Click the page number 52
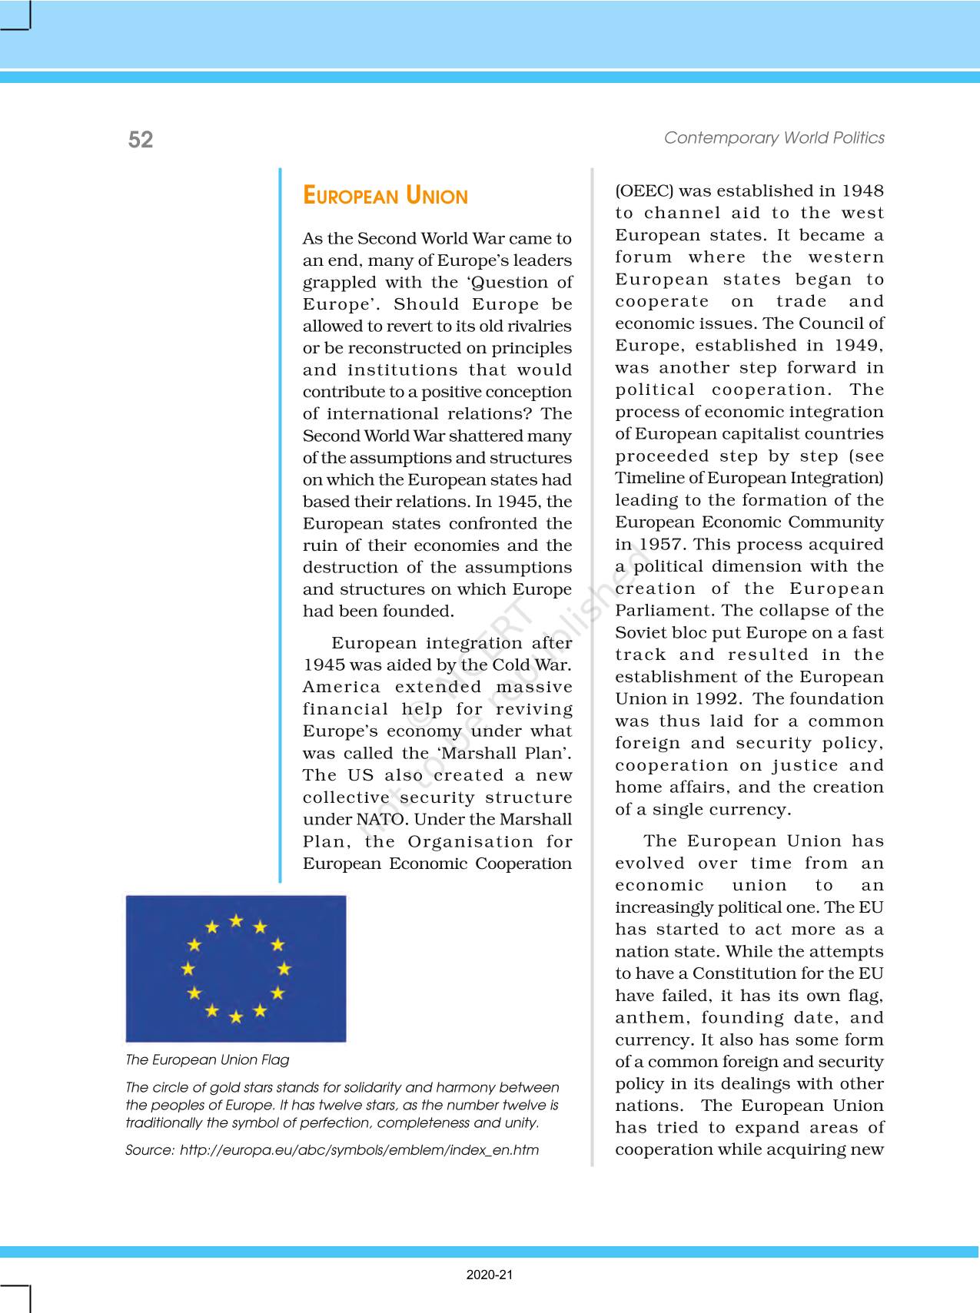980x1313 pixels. [x=141, y=139]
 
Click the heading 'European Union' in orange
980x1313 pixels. [x=385, y=196]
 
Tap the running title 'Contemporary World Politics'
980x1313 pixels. [x=774, y=138]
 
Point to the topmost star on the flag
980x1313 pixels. [x=236, y=920]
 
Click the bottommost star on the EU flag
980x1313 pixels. [x=236, y=1017]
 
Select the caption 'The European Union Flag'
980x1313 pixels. [x=208, y=1060]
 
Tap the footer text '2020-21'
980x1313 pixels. [x=489, y=1275]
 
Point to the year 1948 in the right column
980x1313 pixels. [x=862, y=191]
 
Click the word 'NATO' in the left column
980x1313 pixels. [x=372, y=820]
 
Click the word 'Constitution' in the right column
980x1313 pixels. [x=741, y=973]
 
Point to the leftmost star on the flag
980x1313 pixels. [x=188, y=969]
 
